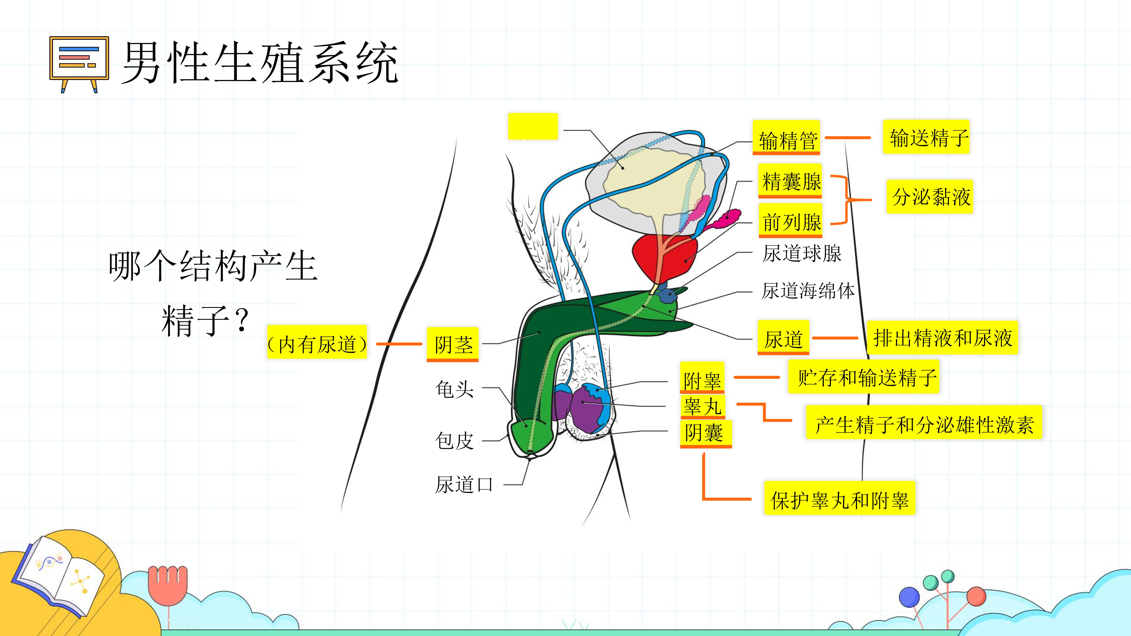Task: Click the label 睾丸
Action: point(702,406)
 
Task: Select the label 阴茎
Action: point(453,345)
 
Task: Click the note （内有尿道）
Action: point(317,342)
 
